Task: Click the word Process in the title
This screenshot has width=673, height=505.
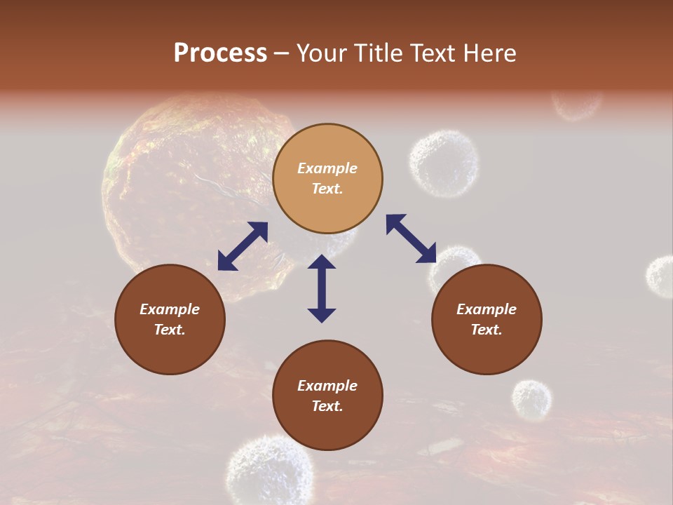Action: pos(220,53)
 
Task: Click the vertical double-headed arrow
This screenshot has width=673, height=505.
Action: pos(322,288)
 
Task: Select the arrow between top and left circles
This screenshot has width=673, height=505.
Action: pos(243,246)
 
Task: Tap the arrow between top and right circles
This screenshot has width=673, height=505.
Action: pos(411,238)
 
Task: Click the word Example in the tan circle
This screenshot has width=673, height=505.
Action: pos(327,168)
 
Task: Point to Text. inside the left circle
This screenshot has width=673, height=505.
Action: pos(170,330)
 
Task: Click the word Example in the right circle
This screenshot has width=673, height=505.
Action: pos(487,309)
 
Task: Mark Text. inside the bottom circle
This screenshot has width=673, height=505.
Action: pos(327,406)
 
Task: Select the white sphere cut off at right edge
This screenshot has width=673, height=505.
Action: pos(660,276)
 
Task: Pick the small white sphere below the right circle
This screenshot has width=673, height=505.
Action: pos(531,400)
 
